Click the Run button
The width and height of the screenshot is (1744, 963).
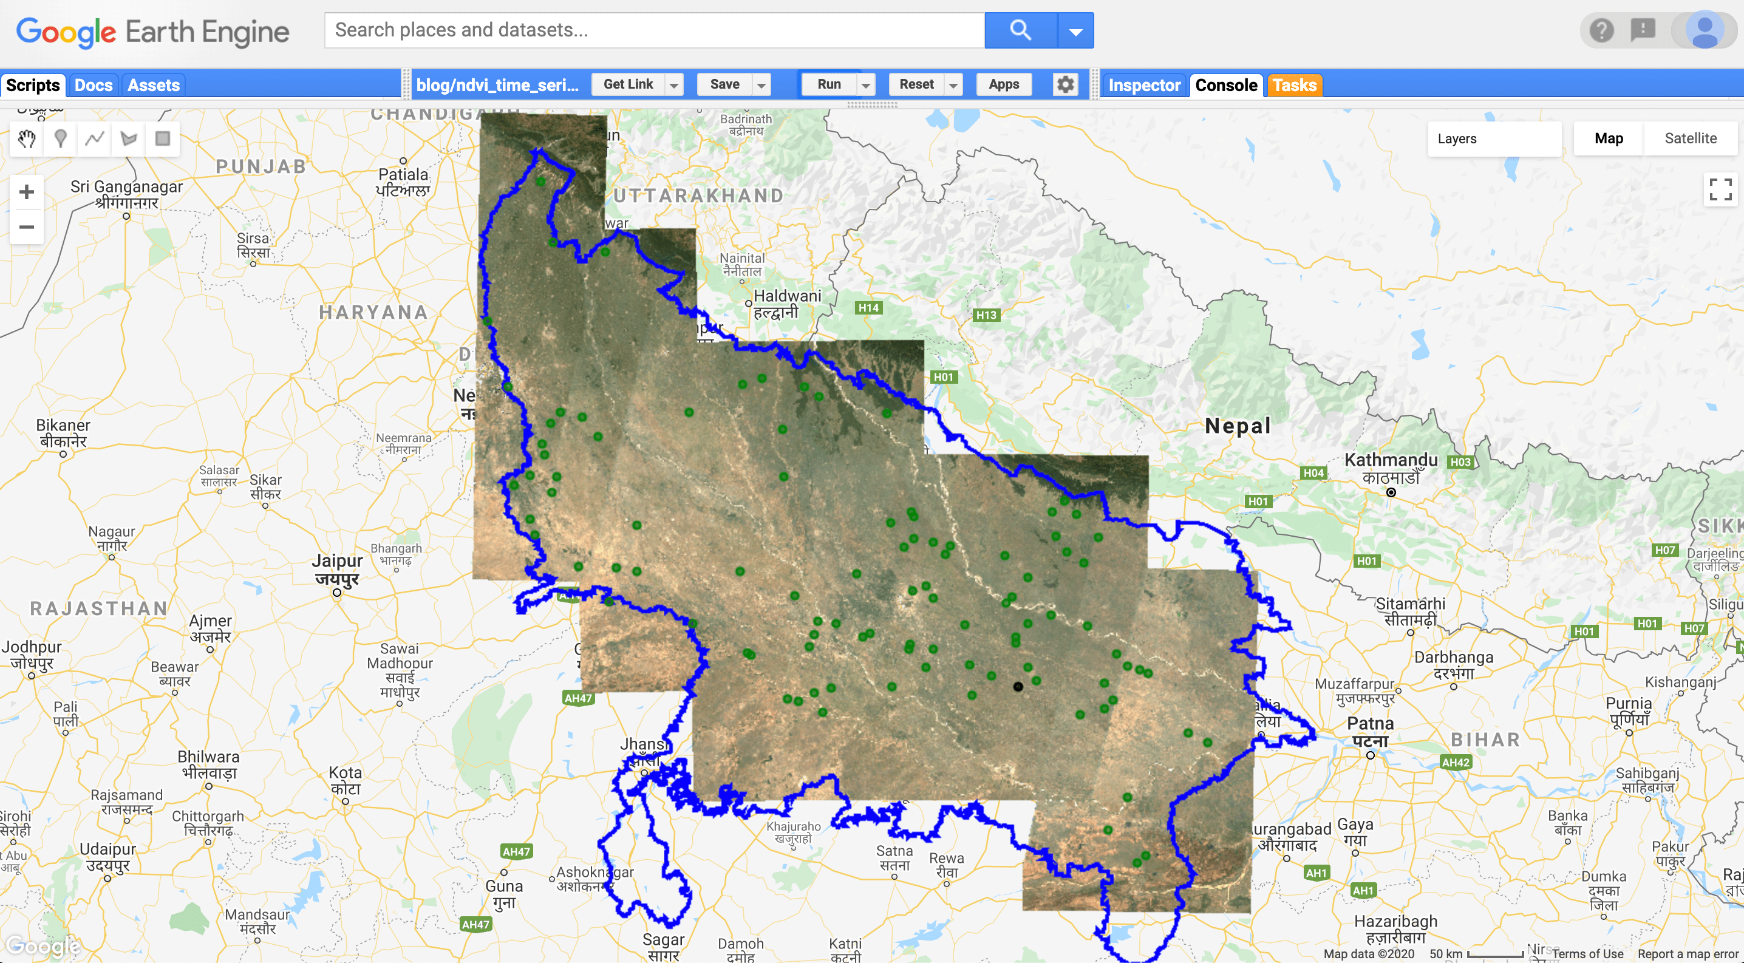tap(829, 84)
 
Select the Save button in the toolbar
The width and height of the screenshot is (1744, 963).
tap(724, 84)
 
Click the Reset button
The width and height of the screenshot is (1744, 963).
tap(916, 84)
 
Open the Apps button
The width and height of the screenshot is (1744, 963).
tap(1003, 84)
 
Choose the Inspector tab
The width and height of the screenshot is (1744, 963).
tap(1143, 85)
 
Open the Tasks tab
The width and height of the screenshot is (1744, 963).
tap(1294, 85)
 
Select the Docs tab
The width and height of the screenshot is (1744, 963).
tap(94, 85)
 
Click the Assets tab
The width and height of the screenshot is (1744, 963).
tap(154, 85)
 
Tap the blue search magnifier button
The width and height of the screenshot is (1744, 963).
tap(1020, 30)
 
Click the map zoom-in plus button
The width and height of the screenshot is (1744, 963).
tap(26, 192)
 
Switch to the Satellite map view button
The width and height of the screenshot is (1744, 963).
tap(1690, 138)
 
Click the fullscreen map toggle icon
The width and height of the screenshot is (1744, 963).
tap(1720, 189)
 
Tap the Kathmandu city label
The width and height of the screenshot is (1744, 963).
tap(1391, 461)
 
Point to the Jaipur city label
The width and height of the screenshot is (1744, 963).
tap(337, 562)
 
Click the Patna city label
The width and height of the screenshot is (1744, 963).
tap(1371, 724)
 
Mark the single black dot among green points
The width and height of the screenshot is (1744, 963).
tap(1018, 687)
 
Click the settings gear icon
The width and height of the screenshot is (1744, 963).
tap(1065, 84)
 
